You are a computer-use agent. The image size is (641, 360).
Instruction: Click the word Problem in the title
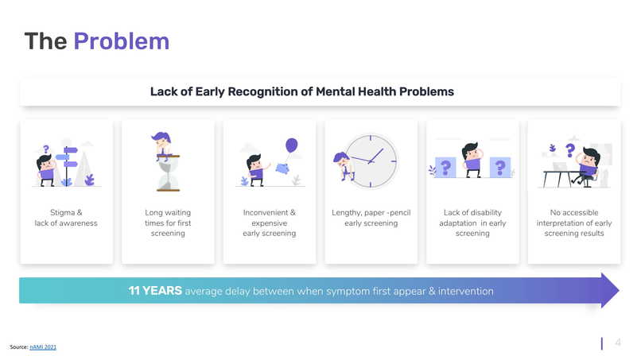pos(121,41)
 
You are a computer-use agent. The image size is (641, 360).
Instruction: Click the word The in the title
pos(45,41)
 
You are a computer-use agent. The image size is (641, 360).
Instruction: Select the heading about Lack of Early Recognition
pos(301,91)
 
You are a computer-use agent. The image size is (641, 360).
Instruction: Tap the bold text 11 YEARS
pos(155,291)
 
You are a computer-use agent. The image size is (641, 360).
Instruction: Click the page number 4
pos(617,343)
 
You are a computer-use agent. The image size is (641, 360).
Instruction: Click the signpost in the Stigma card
pos(69,160)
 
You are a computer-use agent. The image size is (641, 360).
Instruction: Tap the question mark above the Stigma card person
pos(46,149)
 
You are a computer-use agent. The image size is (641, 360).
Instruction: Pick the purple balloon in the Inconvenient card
pos(291,145)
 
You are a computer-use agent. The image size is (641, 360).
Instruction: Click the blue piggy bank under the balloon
pos(282,167)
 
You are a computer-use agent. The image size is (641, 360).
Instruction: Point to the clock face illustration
pos(371,160)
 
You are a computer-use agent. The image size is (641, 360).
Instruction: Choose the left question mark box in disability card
pos(445,167)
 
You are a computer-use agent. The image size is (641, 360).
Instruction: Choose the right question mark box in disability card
pos(499,167)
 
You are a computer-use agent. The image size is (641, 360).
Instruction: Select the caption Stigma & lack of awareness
pos(66,218)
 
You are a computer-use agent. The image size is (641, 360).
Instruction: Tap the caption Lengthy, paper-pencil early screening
pos(371,218)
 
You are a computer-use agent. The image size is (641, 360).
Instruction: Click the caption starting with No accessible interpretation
pos(573,223)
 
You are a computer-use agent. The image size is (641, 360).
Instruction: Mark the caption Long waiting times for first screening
pos(168,223)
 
